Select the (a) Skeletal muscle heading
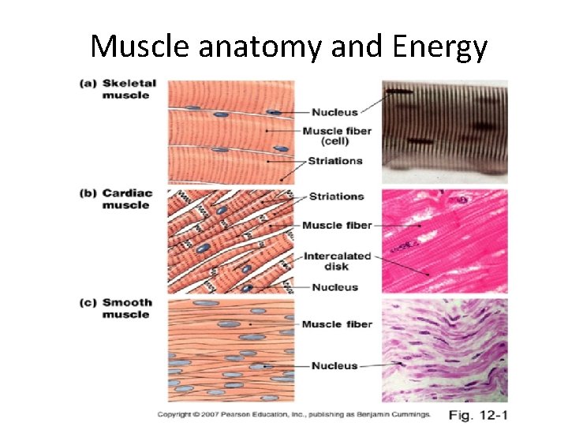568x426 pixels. (119, 89)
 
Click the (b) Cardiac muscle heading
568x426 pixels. (119, 199)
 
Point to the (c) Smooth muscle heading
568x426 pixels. (119, 308)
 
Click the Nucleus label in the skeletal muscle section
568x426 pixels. (334, 113)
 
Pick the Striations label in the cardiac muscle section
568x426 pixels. (337, 196)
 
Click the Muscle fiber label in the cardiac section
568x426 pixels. (337, 226)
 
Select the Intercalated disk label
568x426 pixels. (337, 261)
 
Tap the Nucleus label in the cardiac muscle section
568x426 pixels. (334, 287)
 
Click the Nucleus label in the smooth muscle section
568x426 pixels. (334, 365)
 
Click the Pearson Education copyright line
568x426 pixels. (294, 413)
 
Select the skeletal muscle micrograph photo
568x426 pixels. (445, 131)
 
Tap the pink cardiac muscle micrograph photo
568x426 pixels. (445, 241)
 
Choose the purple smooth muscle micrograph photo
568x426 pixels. (445, 351)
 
